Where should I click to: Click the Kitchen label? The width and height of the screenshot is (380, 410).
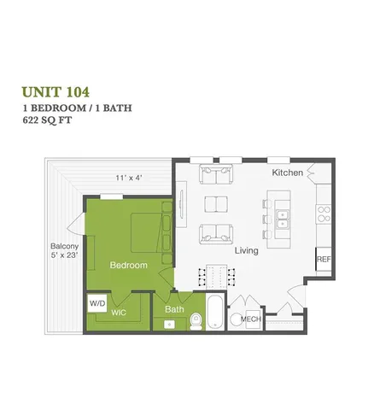[288, 173]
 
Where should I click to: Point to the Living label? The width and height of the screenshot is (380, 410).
[247, 251]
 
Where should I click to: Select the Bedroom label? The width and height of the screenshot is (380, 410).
[128, 265]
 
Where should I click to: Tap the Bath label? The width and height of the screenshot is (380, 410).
[174, 309]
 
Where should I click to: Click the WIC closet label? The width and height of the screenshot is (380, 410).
[119, 313]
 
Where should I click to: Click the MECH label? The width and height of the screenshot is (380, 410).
[250, 319]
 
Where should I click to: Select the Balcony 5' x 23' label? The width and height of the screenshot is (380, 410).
[64, 249]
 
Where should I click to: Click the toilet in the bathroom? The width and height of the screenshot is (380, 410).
[196, 319]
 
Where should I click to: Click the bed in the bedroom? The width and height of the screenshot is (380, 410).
[147, 231]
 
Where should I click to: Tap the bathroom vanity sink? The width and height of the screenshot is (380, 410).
[170, 324]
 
